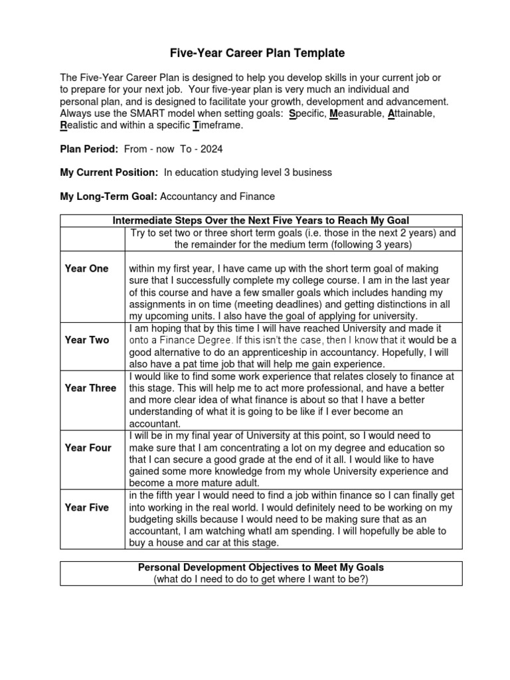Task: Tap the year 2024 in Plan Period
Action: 212,149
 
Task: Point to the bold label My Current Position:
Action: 110,173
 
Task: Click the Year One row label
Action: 86,268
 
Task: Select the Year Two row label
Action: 86,340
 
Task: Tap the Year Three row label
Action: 90,388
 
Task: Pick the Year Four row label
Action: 88,448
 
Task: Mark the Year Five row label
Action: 86,507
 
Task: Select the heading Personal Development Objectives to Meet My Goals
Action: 260,567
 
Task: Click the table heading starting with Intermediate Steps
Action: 260,220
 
